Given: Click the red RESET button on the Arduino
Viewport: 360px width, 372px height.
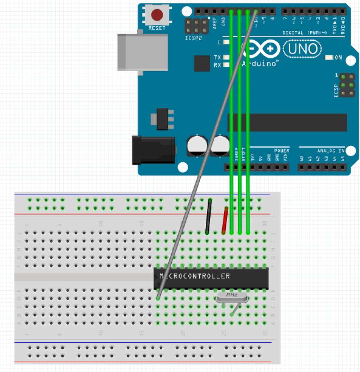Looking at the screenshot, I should [157, 15].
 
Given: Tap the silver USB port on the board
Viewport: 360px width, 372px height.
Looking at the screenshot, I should [143, 52].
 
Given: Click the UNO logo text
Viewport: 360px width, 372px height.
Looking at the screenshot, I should [303, 49].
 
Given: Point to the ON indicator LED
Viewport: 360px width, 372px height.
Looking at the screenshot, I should [330, 58].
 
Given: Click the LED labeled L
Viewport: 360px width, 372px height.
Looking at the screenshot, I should [227, 43].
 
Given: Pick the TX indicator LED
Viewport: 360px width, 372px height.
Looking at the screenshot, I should [227, 57].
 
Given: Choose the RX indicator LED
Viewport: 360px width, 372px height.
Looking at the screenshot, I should [227, 65].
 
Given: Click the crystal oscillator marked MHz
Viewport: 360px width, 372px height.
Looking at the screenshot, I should [232, 297].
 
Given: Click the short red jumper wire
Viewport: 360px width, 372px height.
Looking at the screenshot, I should [225, 220].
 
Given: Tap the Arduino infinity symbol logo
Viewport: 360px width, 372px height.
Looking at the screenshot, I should [261, 49].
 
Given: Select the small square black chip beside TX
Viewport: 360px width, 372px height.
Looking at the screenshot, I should [202, 63].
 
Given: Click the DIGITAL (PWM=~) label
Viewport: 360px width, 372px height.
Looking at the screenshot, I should [305, 33].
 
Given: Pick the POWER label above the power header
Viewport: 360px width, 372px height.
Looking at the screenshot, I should [282, 151].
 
